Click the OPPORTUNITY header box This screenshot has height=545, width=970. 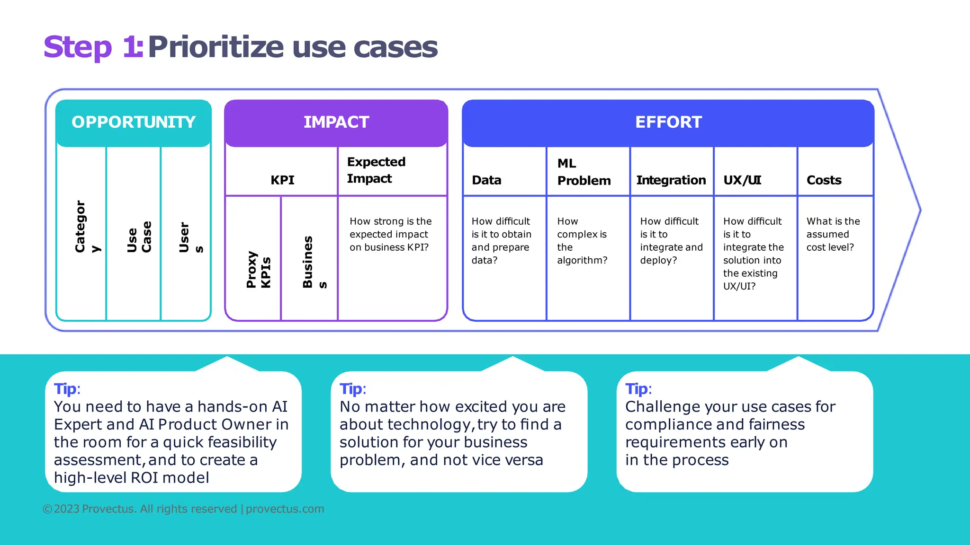134,122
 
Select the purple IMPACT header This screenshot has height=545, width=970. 336,122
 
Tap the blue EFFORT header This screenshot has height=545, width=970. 668,122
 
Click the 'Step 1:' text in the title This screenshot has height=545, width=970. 93,47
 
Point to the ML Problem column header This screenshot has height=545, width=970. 584,172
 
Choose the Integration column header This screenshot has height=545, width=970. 671,180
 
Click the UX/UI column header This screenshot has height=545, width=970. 742,180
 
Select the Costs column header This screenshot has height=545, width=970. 824,180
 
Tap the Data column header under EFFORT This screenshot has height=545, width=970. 486,180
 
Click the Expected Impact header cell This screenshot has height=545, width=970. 376,170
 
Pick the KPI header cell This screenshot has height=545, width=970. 282,180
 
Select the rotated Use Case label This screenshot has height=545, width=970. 139,237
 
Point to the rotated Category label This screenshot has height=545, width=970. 87,227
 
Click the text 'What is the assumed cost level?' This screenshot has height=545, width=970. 833,234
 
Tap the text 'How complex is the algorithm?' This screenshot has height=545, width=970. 582,240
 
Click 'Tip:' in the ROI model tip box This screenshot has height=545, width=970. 67,389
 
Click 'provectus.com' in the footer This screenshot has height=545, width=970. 285,509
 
